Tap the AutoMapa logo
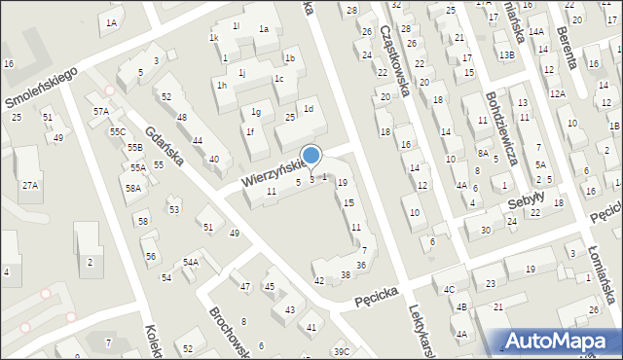pos(562,339)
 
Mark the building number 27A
pos(31,185)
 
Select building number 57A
pos(100,112)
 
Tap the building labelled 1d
pos(309,109)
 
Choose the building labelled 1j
pos(241,72)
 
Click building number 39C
pos(341,351)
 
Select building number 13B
pos(506,55)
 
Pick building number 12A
pos(557,93)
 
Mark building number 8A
pos(483,153)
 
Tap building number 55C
pos(117,131)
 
